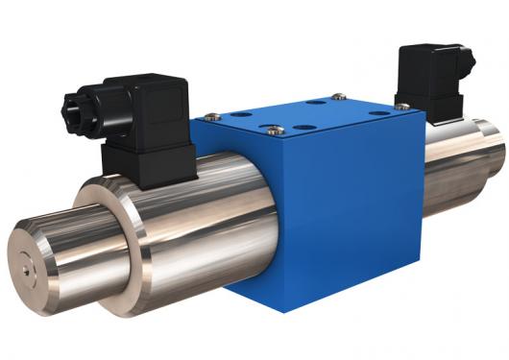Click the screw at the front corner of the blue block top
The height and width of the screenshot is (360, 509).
[x=277, y=131]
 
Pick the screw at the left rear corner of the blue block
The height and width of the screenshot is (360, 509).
[x=212, y=116]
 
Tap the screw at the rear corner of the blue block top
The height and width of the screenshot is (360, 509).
[x=338, y=96]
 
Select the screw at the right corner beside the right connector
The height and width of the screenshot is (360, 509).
[x=401, y=107]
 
